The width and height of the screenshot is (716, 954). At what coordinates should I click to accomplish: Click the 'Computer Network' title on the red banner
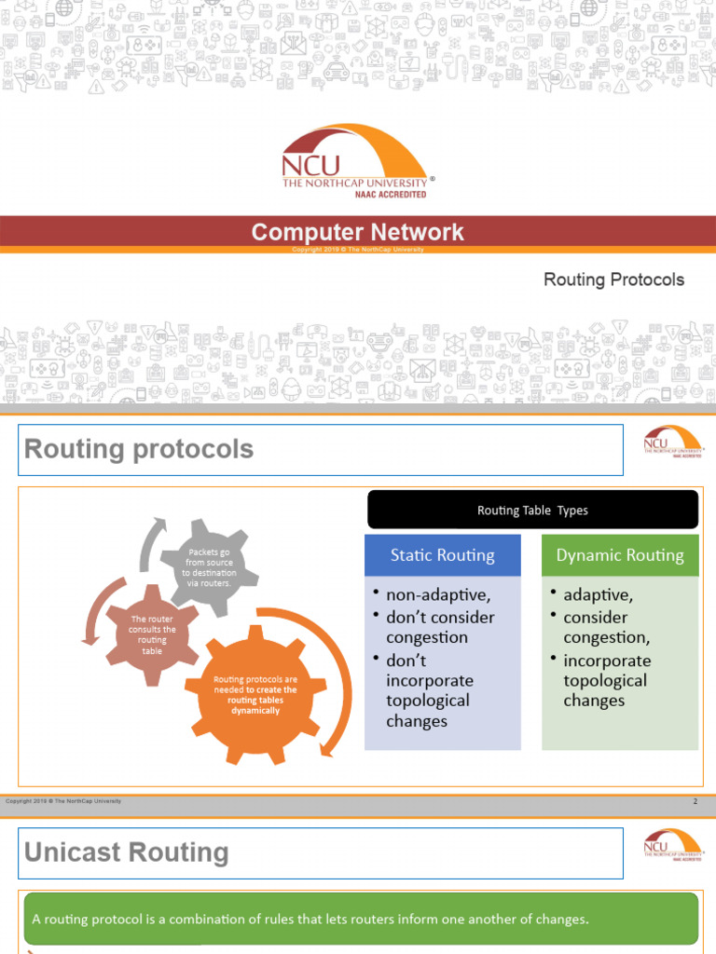click(358, 232)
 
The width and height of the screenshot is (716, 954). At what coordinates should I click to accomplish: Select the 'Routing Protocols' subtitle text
click(613, 279)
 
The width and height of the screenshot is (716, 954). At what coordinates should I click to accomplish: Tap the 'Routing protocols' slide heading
click(139, 449)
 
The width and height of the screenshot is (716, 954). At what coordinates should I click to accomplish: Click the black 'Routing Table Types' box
click(532, 510)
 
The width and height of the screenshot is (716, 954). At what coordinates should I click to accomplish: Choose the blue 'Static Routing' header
click(442, 555)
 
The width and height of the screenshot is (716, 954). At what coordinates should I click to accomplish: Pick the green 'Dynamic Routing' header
click(620, 555)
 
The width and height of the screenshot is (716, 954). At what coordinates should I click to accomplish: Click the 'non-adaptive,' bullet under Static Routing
click(436, 595)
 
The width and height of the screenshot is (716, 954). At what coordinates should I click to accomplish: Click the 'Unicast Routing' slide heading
click(126, 852)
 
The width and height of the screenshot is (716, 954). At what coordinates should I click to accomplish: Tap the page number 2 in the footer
click(695, 802)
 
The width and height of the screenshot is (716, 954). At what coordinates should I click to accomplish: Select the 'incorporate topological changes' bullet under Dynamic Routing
click(607, 680)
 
